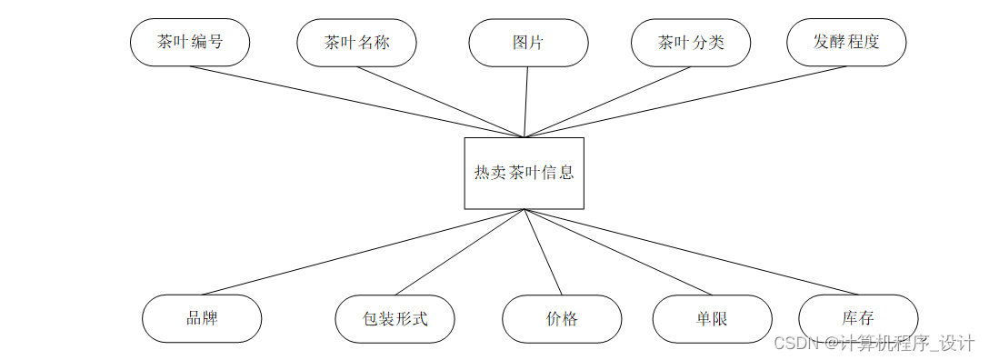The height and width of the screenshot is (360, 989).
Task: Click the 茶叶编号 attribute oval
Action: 190,43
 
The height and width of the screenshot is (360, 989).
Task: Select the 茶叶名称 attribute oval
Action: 356,43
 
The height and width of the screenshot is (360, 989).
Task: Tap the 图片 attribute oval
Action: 528,43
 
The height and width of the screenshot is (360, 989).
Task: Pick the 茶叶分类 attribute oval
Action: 691,43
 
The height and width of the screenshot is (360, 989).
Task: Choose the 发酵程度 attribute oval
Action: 846,43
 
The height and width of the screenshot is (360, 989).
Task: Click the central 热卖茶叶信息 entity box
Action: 524,173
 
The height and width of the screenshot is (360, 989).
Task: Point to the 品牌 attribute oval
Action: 202,318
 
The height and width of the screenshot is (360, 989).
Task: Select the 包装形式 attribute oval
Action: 395,318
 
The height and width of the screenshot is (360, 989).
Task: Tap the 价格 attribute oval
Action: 562,318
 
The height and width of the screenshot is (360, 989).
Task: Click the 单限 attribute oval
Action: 712,318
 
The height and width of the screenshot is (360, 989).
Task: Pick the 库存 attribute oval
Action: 858,318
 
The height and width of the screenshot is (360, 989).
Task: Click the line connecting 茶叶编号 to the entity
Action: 356,102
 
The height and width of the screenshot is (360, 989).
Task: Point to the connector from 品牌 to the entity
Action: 364,252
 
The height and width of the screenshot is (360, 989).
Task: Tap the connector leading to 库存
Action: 691,252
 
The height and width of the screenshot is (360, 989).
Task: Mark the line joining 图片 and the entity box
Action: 526,102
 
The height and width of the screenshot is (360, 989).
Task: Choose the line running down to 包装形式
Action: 459,252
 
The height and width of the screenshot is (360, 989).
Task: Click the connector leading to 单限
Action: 617,252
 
